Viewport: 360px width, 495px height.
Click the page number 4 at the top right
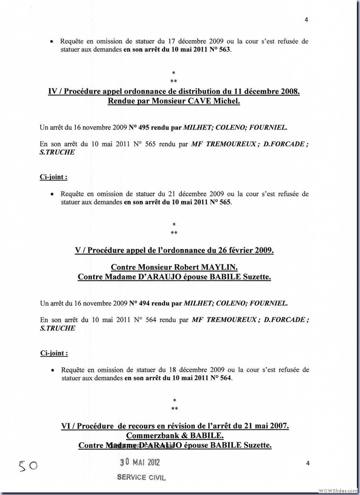click(306, 19)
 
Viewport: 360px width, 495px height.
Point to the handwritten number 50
click(28, 465)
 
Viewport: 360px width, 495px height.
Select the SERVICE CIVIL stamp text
click(141, 477)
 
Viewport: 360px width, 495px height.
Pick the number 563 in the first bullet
click(224, 50)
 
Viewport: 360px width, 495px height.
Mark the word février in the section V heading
click(238, 250)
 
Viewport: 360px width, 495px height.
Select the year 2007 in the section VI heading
click(279, 426)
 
